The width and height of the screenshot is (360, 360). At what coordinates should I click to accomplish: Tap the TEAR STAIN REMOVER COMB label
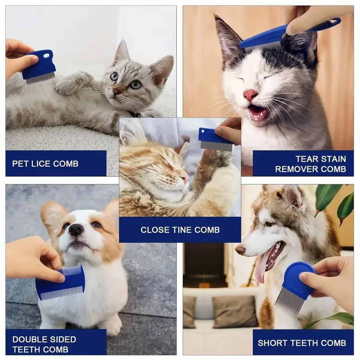click(x=303, y=164)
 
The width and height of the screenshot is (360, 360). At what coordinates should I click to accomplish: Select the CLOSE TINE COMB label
click(x=180, y=230)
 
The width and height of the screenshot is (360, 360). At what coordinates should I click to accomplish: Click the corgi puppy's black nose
click(x=76, y=230)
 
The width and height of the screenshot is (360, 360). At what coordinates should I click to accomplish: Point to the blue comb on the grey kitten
click(x=39, y=67)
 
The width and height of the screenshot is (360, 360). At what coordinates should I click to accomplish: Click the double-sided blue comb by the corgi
click(x=60, y=283)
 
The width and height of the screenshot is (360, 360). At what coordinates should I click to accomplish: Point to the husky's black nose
click(x=240, y=250)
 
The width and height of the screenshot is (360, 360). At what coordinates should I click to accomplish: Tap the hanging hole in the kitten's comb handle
click(x=46, y=55)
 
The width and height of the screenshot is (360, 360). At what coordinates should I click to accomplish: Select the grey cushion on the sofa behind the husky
click(x=235, y=311)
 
